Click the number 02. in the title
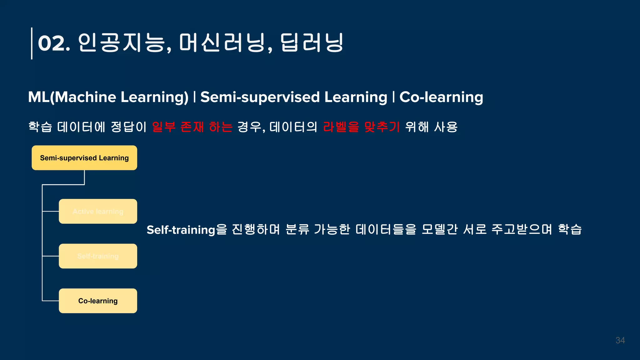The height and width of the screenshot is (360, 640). (x=54, y=43)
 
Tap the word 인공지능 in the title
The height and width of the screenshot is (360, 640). (x=121, y=42)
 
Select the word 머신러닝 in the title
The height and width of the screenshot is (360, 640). (x=222, y=42)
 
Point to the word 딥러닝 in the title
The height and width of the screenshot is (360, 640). (x=312, y=42)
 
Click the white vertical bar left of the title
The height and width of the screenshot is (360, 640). (x=32, y=43)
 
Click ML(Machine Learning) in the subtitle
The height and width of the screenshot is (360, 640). (x=108, y=97)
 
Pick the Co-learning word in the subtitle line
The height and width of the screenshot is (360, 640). (x=441, y=97)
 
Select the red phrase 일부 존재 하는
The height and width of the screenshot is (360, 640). (x=192, y=127)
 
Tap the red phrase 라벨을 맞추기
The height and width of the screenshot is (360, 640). (x=361, y=127)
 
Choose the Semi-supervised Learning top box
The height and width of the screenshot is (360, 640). (x=84, y=158)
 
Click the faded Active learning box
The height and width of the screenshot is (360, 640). (x=98, y=211)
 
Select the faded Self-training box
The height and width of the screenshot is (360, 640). (x=98, y=256)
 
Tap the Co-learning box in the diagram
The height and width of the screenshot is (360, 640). (x=98, y=301)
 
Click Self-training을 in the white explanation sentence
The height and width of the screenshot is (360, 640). (x=187, y=230)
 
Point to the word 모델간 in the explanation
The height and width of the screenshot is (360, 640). (x=439, y=229)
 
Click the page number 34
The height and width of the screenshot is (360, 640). (x=620, y=340)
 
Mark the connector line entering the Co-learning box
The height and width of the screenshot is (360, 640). (x=51, y=301)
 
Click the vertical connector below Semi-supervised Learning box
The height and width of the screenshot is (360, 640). (x=84, y=177)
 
